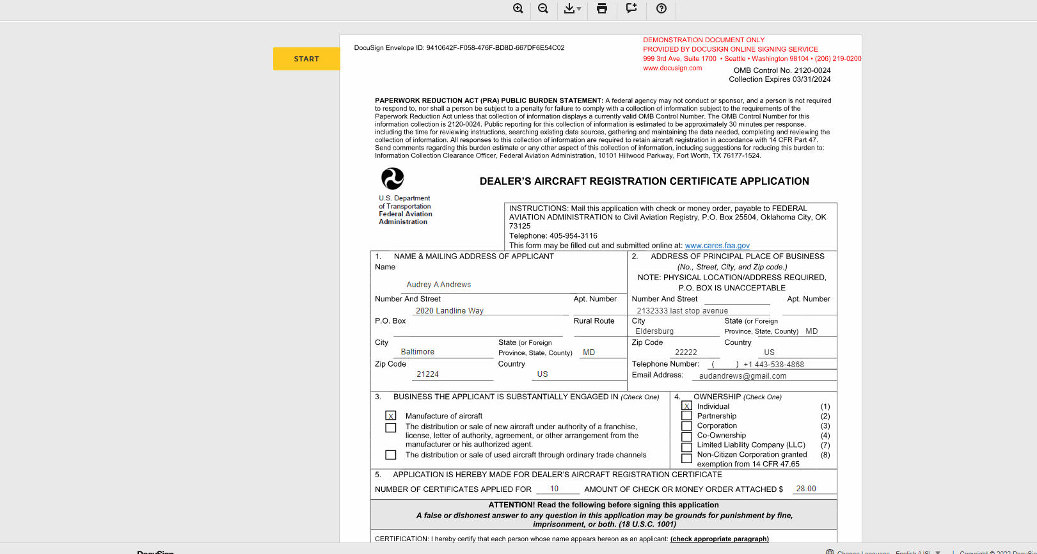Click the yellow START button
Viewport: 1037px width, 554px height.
[x=306, y=59]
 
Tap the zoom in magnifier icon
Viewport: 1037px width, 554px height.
[x=518, y=8]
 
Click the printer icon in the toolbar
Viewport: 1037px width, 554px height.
[x=602, y=8]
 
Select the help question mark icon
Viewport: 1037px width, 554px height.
[x=661, y=8]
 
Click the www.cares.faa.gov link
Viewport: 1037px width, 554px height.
[x=717, y=246]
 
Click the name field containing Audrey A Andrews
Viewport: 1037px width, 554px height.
[x=439, y=285]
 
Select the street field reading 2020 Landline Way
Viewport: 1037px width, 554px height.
[x=450, y=311]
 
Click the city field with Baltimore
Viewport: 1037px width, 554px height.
[x=418, y=352]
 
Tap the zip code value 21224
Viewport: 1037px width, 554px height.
[x=427, y=374]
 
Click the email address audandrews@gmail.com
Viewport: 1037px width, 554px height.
[x=743, y=376]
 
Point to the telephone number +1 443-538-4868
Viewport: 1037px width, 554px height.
[x=773, y=365]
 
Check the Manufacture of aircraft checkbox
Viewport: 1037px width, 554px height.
[x=391, y=416]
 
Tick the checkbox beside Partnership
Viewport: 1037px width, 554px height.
[x=686, y=416]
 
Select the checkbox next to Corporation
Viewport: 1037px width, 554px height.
[x=686, y=426]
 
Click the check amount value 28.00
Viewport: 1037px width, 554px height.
[x=806, y=489]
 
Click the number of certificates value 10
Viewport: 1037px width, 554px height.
[x=554, y=489]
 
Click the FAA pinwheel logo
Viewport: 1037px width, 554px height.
[x=393, y=178]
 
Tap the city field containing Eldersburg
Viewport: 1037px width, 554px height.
[x=654, y=331]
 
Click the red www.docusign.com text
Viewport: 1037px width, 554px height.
[x=672, y=68]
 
